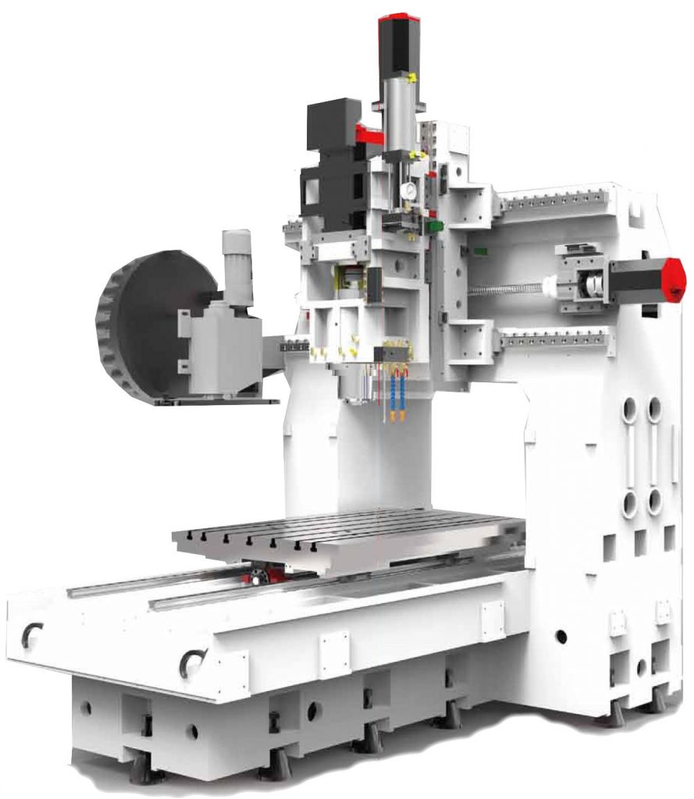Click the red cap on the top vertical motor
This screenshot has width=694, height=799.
399,23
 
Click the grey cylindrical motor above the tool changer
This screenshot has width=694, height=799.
237,265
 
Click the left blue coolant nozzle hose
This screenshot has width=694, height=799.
393,394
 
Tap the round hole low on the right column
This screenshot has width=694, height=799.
561,636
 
